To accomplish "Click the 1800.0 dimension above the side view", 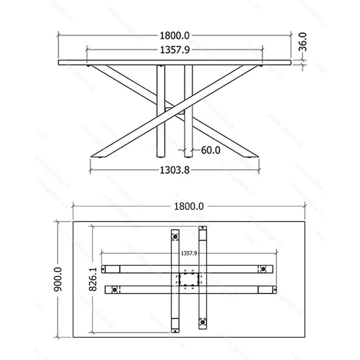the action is coord(174,36).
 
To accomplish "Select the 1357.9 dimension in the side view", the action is coord(175,50).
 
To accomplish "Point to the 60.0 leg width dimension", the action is coord(211,150).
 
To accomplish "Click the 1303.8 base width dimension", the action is coord(174,170).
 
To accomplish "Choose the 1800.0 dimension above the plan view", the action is coord(189,206).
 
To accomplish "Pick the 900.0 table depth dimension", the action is coord(58,279).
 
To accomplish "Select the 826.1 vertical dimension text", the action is coord(93,279).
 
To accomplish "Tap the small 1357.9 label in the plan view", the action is coord(189,253).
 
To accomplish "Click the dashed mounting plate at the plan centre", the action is coord(189,279).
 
